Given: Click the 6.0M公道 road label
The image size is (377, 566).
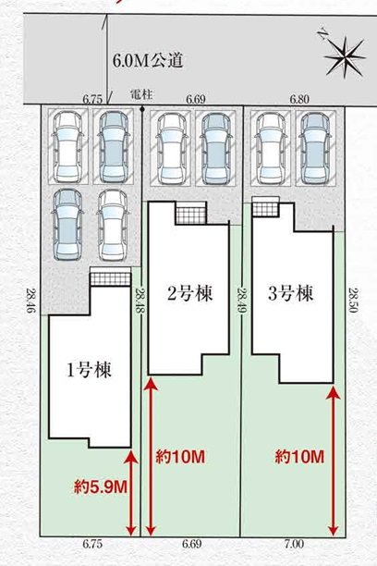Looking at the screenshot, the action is (x=148, y=61).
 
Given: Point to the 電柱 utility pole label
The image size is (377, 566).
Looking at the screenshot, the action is (x=141, y=95).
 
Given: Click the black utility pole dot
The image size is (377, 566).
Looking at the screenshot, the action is (x=142, y=108).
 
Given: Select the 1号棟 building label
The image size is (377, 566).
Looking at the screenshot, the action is (x=89, y=370).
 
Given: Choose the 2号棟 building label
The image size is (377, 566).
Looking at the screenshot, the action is (x=189, y=293).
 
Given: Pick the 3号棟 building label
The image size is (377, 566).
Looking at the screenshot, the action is (x=291, y=293).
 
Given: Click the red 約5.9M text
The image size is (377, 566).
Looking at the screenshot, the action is (x=101, y=488).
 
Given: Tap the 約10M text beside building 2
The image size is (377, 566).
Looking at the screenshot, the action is (x=180, y=457).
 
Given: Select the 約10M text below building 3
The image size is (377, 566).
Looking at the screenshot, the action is (x=299, y=457).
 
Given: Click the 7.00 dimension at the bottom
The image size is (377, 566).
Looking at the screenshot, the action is (x=295, y=544).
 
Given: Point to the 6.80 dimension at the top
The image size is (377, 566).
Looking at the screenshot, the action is (x=299, y=99).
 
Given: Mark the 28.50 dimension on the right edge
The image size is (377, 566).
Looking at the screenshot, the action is (x=353, y=300).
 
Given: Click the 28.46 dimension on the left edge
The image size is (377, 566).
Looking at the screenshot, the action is (x=31, y=300).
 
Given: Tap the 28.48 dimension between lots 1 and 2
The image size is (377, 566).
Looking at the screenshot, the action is (x=140, y=300).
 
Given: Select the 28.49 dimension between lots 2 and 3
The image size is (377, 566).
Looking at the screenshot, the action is (x=242, y=300).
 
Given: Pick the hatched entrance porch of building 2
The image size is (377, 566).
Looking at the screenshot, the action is (x=191, y=215).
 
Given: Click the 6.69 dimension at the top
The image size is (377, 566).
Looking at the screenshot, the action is (x=196, y=99).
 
